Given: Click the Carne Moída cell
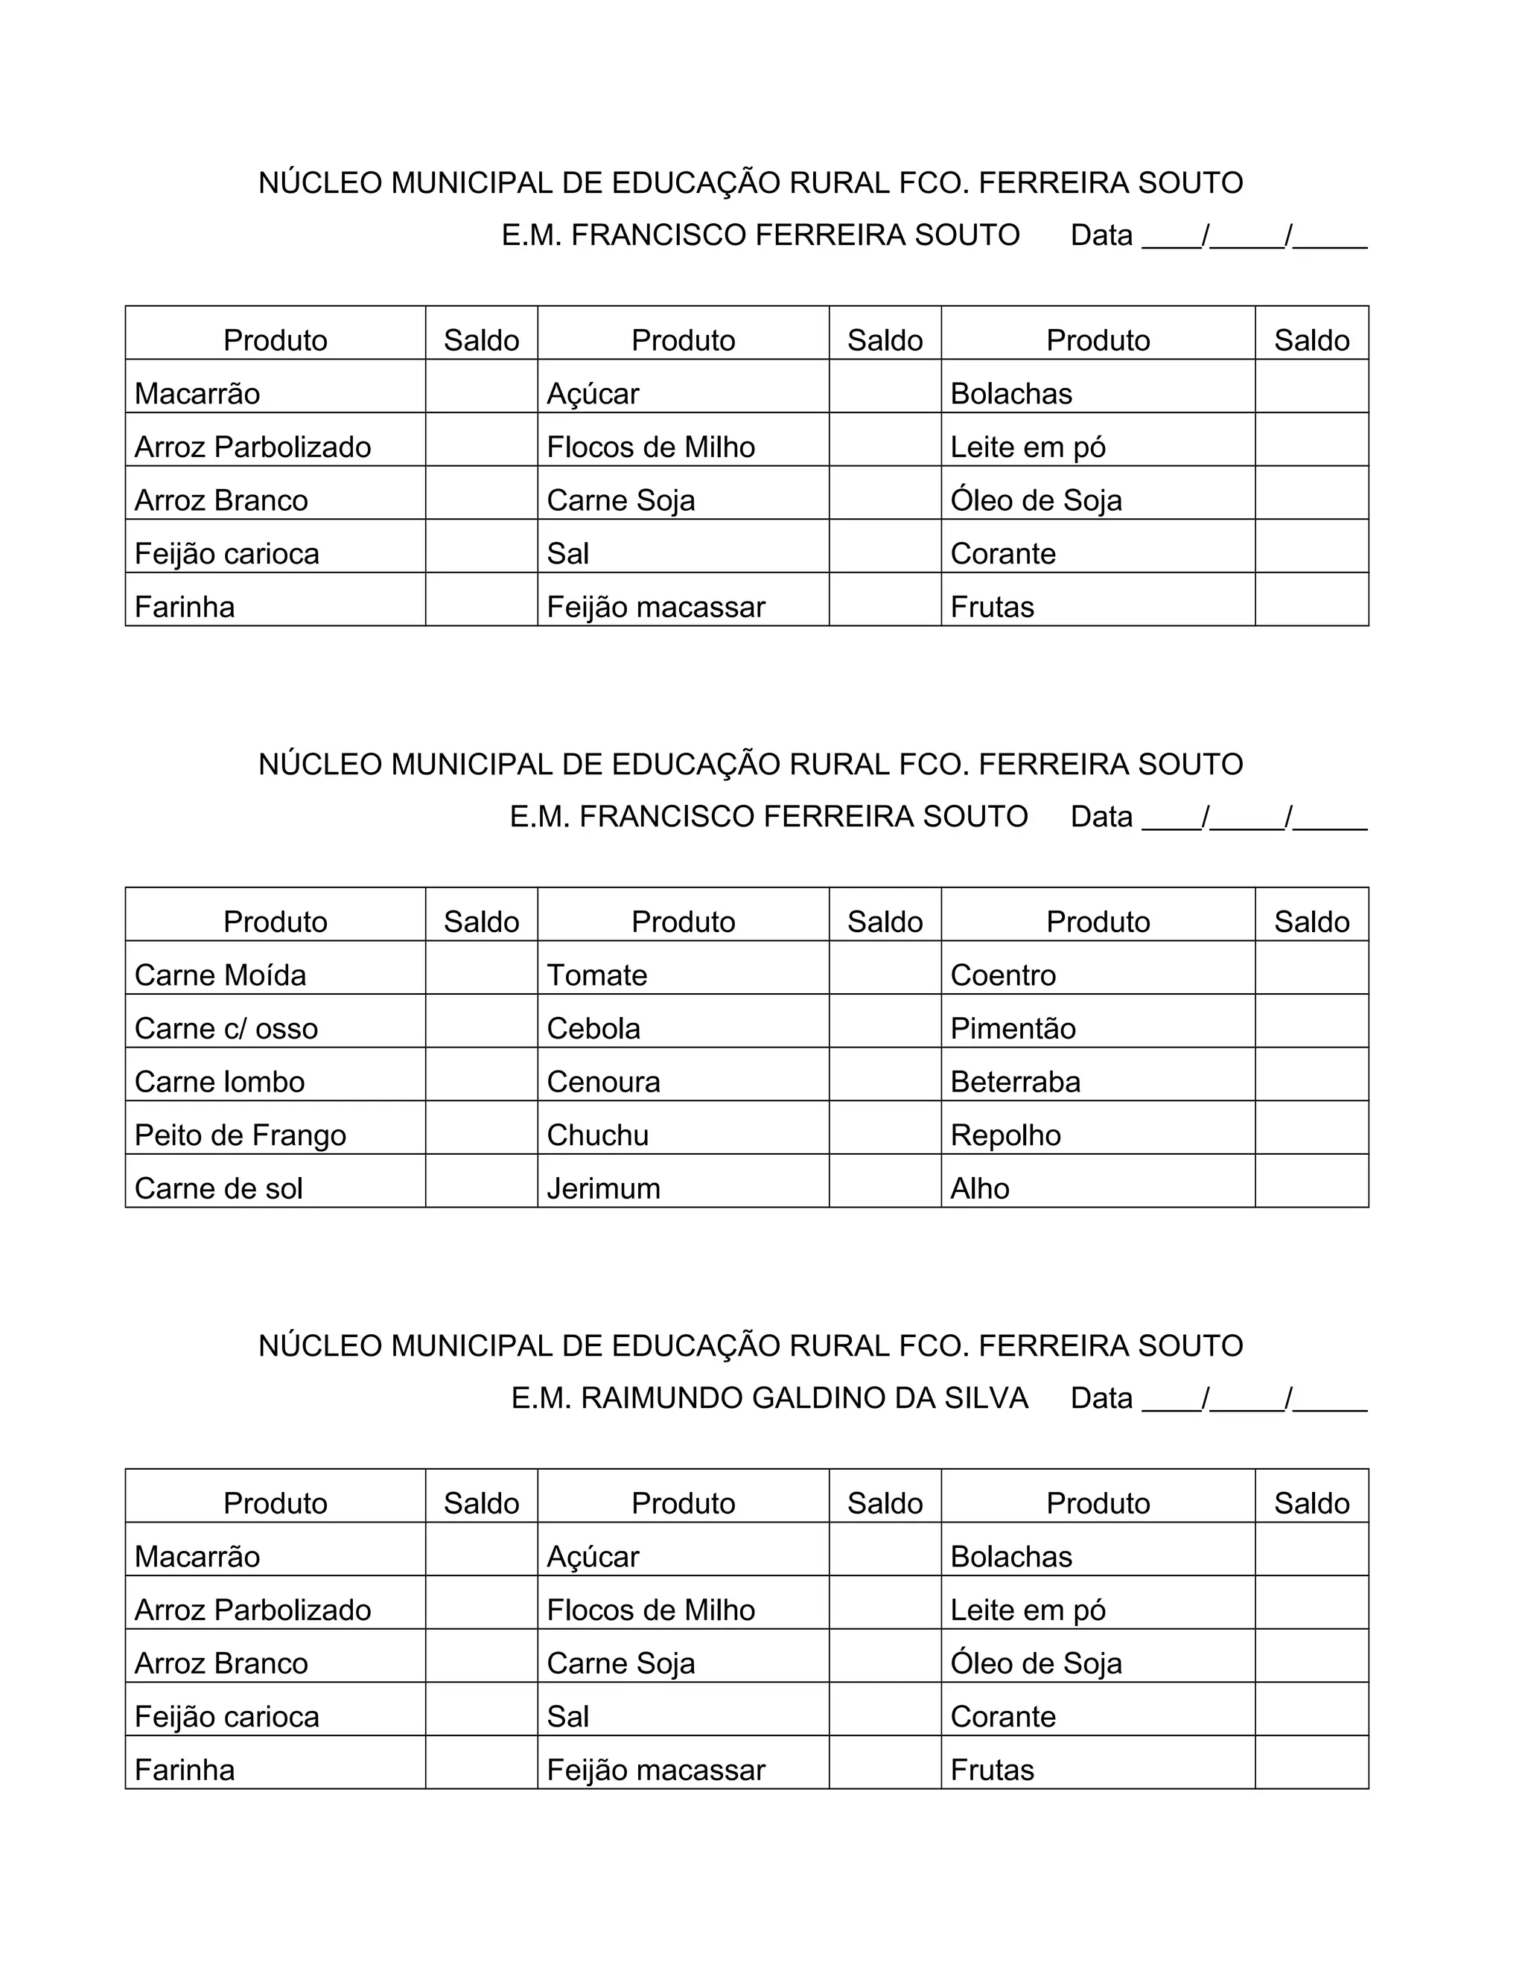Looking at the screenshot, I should pos(220,975).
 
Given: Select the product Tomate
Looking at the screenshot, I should pos(597,975).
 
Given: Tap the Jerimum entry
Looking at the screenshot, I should pos(603,1188).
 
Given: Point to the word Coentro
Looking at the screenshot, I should pos(1003,975).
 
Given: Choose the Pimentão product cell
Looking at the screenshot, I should pos(1013,1028).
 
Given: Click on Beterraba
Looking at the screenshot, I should pos(1016,1081).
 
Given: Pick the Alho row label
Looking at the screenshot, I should pos(980,1188).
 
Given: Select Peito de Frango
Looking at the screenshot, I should pos(241,1135).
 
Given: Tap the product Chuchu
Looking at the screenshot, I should pos(598,1135).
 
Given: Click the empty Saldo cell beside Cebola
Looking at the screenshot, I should pos(885,1021).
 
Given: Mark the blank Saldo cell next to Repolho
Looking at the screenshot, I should pos(1312,1127).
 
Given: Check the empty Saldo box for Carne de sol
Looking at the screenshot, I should pos(482,1181).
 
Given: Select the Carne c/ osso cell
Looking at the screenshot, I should pos(226,1028).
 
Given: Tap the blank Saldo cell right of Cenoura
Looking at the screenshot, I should pos(885,1074).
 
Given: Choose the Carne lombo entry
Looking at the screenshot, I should pos(220,1081).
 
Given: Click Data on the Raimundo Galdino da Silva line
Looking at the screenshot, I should pos(1101,1397).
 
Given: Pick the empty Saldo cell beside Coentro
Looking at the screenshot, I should pos(1312,968).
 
